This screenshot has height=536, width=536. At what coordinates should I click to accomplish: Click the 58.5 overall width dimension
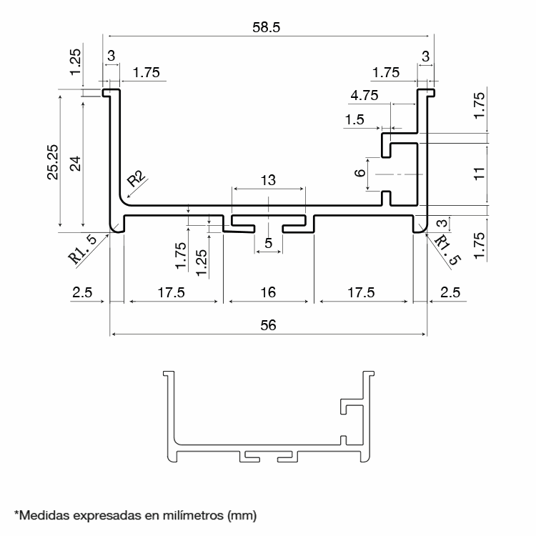pos(267,27)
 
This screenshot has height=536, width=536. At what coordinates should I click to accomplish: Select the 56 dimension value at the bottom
pos(268,325)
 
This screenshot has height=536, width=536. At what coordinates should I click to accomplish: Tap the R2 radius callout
pos(136,179)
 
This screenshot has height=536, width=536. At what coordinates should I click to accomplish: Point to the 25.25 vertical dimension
pos(53,162)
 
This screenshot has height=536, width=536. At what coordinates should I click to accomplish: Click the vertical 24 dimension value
pos(75,164)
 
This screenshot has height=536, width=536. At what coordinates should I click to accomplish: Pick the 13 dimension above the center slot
pos(268,180)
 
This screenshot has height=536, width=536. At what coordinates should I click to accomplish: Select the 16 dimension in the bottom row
pos(268,292)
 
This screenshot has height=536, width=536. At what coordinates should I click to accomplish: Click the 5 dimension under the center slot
pos(268,243)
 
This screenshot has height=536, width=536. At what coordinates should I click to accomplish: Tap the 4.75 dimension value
pos(364,95)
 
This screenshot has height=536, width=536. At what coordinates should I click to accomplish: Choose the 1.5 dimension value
pos(354,119)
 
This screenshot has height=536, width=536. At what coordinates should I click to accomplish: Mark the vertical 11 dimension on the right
pos(480,174)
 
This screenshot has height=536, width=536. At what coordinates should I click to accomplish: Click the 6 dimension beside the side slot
pos(360,173)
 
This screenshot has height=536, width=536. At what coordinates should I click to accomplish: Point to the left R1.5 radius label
pos(83,249)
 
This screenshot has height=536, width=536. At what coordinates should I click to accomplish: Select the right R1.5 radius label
pos(448,250)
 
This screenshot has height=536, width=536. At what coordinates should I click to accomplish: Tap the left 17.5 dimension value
pos(171,292)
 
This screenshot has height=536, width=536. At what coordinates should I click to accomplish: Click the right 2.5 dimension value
pos(450,292)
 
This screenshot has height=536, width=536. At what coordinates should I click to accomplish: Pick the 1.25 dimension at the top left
pos(75,62)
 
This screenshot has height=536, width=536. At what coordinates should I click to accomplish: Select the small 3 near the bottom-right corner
pos(442,223)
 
